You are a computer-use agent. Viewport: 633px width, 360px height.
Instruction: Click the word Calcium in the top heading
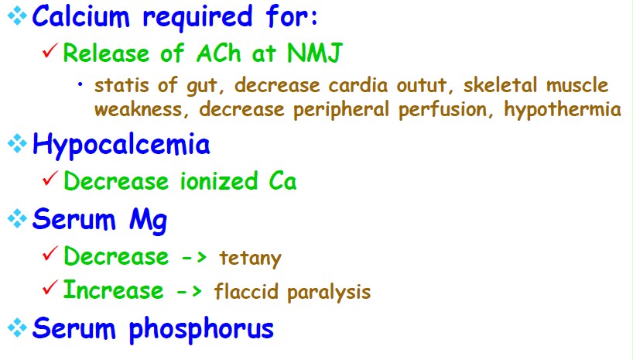(80, 16)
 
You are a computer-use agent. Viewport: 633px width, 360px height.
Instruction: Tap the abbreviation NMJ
(315, 53)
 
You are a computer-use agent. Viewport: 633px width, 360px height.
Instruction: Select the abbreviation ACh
(219, 53)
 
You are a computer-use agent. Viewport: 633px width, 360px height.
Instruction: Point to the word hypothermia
(563, 109)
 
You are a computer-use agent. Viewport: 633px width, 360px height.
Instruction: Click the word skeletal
(500, 85)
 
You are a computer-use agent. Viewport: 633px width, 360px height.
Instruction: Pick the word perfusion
(443, 109)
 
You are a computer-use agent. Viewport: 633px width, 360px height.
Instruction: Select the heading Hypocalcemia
(121, 145)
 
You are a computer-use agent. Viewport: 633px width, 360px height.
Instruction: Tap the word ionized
(218, 180)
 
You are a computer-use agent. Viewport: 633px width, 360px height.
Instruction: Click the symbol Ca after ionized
(282, 181)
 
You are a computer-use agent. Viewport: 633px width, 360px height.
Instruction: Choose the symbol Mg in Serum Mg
(148, 221)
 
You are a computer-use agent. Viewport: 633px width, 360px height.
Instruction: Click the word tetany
(250, 258)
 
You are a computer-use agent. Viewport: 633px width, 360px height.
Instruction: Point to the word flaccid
(246, 291)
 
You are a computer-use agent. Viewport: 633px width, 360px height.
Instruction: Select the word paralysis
(329, 292)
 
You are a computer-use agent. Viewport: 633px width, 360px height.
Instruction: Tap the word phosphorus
(201, 329)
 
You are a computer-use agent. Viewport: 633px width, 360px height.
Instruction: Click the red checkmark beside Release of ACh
(50, 51)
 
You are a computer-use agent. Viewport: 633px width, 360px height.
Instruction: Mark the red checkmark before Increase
(50, 287)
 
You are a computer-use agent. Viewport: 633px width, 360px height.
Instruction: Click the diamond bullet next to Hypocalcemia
(17, 143)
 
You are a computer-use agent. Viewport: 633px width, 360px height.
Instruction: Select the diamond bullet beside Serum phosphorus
(17, 327)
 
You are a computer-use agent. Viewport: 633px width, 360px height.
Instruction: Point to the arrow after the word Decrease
(193, 258)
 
